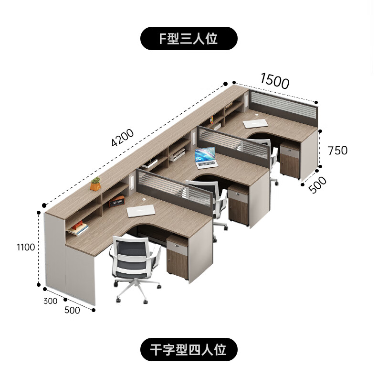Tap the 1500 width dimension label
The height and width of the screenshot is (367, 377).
(274, 81)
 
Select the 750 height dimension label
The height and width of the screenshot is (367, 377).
(337, 150)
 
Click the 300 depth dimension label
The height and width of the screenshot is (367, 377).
(50, 301)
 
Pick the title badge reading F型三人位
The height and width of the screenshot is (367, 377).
(188, 39)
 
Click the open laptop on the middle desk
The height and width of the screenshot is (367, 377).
(206, 158)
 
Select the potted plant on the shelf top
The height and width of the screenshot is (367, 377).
(96, 183)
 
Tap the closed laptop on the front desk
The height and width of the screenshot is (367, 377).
(141, 211)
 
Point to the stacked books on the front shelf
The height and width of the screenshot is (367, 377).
(78, 229)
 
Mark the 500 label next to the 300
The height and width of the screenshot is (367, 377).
(72, 310)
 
